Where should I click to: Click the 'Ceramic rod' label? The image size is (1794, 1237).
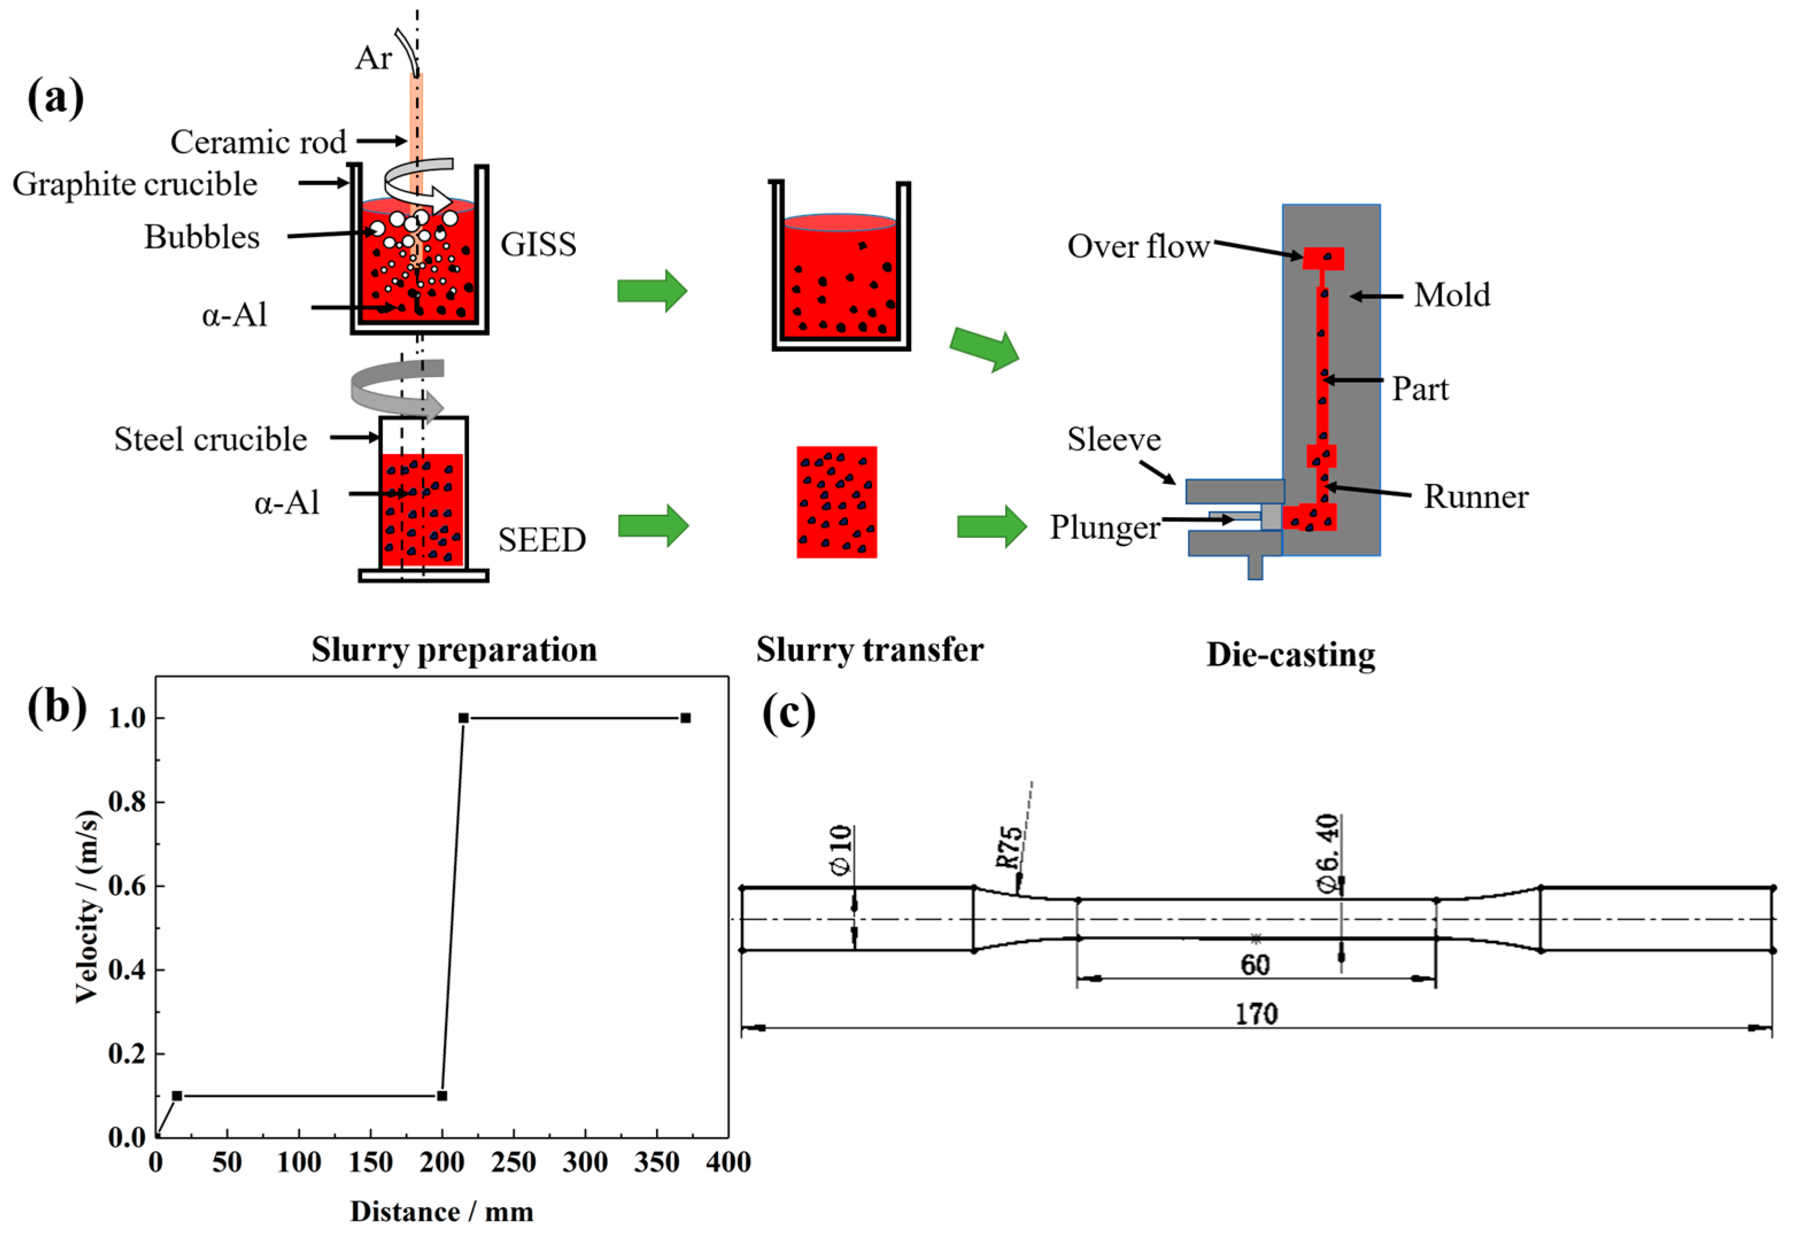(x=258, y=142)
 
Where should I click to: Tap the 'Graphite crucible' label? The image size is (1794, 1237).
(x=135, y=184)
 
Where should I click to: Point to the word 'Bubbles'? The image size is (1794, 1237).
(x=202, y=237)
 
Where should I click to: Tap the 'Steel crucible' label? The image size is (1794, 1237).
(x=210, y=440)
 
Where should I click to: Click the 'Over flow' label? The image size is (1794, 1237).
(x=1138, y=246)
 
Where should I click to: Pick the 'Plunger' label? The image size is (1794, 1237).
(x=1105, y=528)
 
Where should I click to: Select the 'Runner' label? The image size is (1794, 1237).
(x=1475, y=498)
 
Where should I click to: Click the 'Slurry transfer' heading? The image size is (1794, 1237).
(x=870, y=650)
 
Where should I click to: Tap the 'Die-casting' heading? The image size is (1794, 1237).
(x=1291, y=655)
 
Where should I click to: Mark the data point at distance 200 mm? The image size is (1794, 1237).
(x=441, y=1096)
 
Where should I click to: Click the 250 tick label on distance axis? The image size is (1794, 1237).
(x=513, y=1162)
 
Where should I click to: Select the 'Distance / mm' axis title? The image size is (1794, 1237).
(x=441, y=1211)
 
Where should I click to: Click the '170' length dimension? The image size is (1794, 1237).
(x=1256, y=1014)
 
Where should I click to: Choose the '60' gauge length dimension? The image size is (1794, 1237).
(x=1256, y=965)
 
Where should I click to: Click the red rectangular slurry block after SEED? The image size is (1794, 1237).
(x=836, y=502)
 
